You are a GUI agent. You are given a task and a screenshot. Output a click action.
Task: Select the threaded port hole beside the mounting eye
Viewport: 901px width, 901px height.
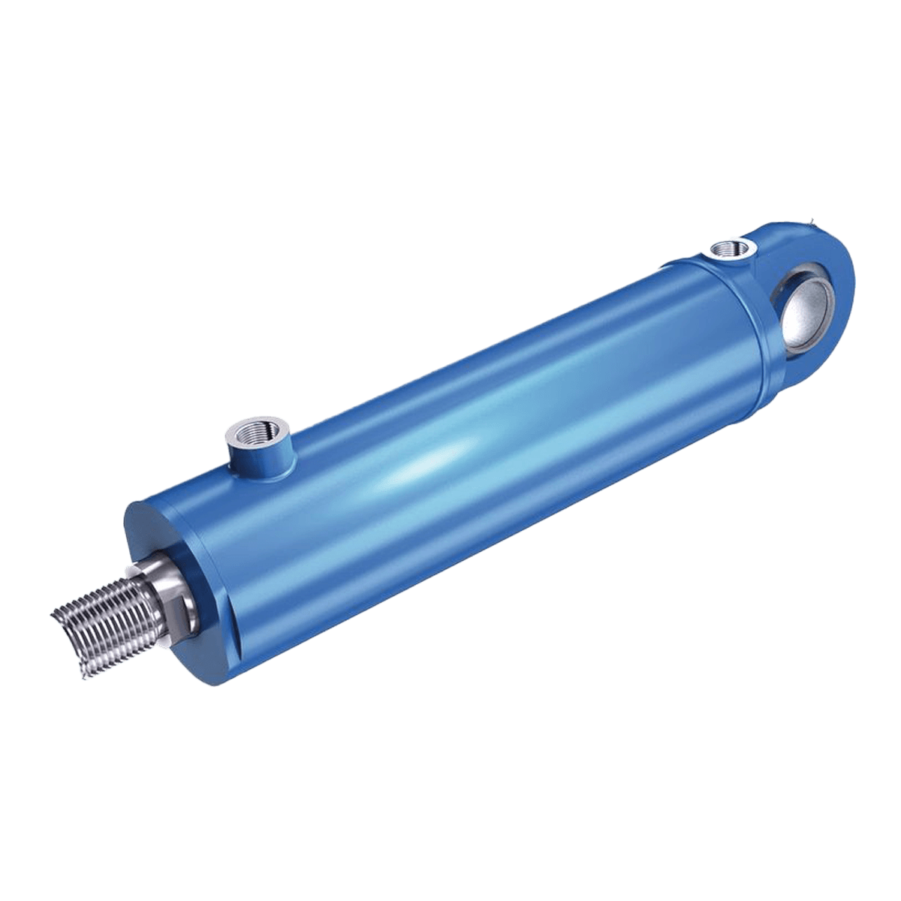click(x=729, y=247)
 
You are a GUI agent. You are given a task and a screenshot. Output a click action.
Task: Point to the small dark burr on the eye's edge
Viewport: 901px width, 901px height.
click(x=812, y=219)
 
